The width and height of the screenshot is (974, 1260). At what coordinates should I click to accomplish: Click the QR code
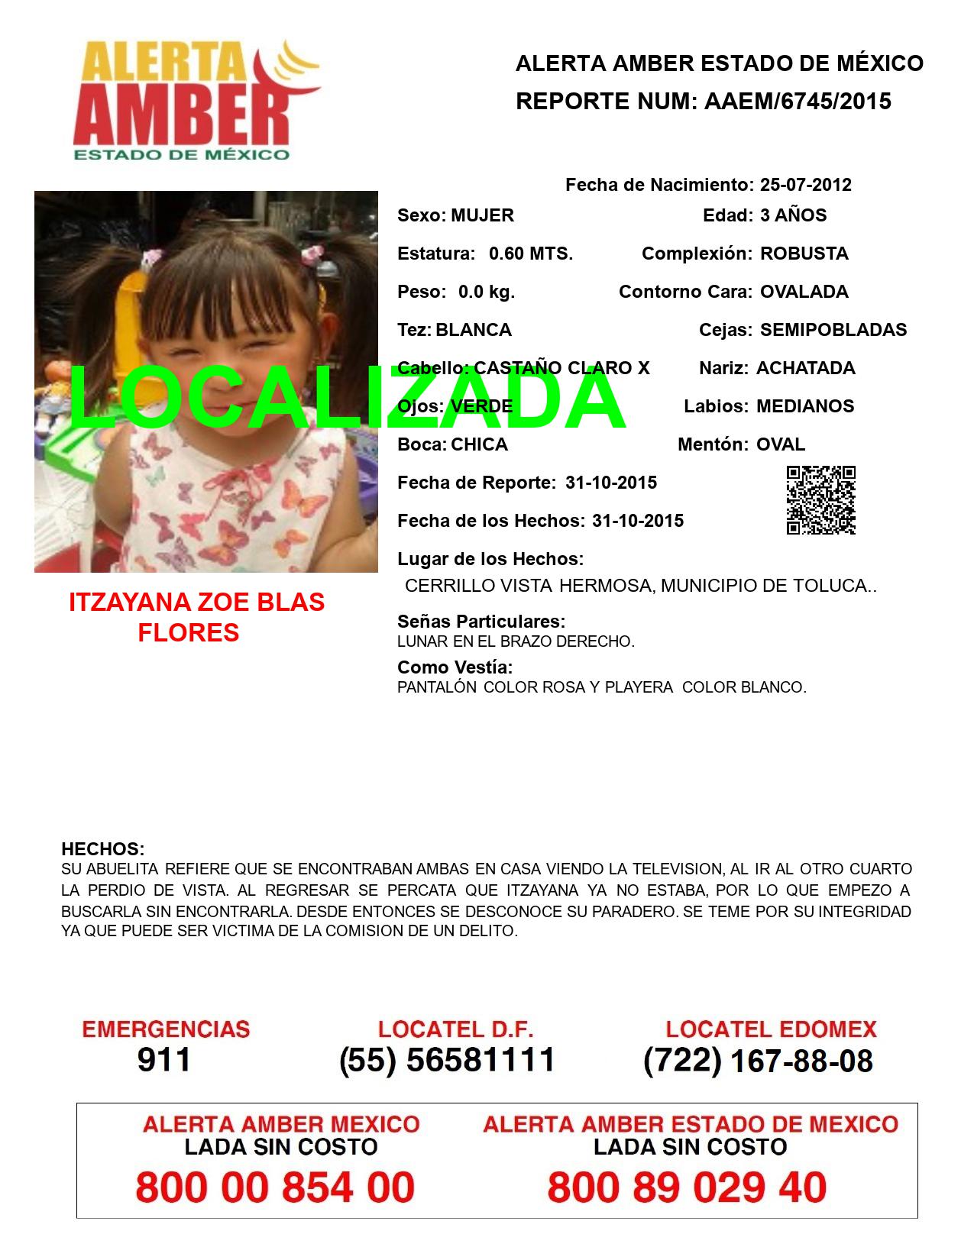pyautogui.click(x=820, y=500)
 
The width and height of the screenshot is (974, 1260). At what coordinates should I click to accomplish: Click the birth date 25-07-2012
pyautogui.click(x=805, y=185)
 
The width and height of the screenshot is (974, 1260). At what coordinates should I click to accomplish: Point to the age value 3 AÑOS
pyautogui.click(x=793, y=215)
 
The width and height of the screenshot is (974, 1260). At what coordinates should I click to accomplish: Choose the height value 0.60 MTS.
pyautogui.click(x=530, y=254)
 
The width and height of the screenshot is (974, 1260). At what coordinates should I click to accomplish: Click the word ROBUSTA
pyautogui.click(x=804, y=254)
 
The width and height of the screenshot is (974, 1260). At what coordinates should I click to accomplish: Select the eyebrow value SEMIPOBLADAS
pyautogui.click(x=833, y=330)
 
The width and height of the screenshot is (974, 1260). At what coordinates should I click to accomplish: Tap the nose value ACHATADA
pyautogui.click(x=805, y=368)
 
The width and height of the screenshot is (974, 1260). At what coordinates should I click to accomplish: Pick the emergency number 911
pyautogui.click(x=163, y=1060)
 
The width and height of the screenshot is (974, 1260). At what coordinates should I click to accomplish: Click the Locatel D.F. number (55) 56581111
pyautogui.click(x=447, y=1060)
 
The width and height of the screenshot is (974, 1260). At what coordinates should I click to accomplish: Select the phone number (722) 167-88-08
pyautogui.click(x=758, y=1061)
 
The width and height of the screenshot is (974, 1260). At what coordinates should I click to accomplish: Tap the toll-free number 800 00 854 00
pyautogui.click(x=275, y=1187)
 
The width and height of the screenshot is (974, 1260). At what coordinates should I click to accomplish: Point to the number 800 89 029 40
pyautogui.click(x=687, y=1187)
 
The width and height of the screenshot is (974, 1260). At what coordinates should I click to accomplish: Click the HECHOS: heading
pyautogui.click(x=102, y=849)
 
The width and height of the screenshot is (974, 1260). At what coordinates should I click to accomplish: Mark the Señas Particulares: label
pyautogui.click(x=481, y=622)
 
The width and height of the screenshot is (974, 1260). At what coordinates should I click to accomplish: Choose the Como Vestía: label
pyautogui.click(x=455, y=667)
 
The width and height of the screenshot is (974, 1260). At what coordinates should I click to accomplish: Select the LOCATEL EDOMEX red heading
pyautogui.click(x=771, y=1029)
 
